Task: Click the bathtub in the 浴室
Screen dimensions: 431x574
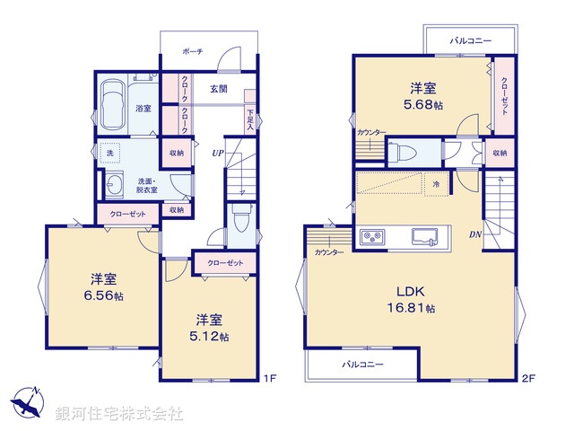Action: (115, 104)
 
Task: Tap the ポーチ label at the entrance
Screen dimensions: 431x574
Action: (193, 52)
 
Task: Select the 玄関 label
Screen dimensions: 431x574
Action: (219, 89)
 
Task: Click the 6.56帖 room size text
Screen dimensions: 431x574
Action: (105, 295)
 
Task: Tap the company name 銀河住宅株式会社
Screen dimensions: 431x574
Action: (118, 414)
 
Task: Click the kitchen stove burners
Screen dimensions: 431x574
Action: (372, 237)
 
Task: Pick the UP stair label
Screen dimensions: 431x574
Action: (217, 154)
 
